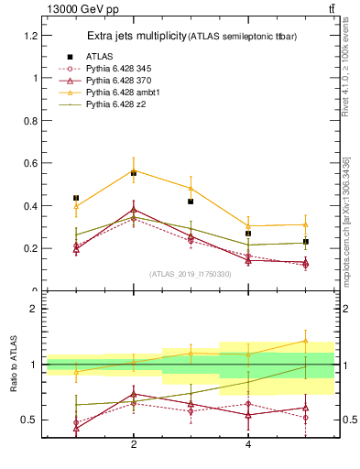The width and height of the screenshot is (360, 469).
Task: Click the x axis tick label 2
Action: tap(134, 444)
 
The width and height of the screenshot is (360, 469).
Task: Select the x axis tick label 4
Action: tap(248, 444)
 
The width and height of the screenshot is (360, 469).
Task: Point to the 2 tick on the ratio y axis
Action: tap(34, 309)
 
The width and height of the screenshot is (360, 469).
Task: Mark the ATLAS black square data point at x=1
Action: tap(76, 198)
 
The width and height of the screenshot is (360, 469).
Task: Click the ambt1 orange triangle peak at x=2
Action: tap(134, 169)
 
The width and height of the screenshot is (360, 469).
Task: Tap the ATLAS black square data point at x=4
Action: tap(248, 234)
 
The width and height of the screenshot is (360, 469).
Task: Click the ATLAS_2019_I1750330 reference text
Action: tap(190, 273)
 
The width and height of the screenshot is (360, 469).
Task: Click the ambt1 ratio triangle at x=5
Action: tap(305, 341)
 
